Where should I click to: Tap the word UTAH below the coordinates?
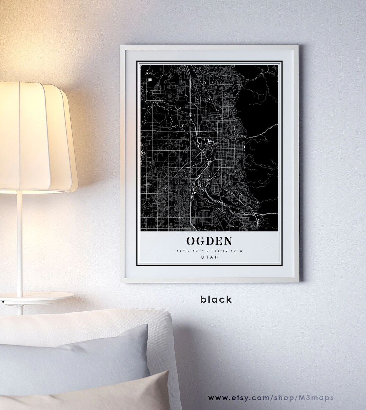click(x=209, y=257)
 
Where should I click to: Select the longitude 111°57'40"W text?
click(x=229, y=250)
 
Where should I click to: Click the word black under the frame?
click(x=216, y=299)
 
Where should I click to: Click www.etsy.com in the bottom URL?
click(x=236, y=397)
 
